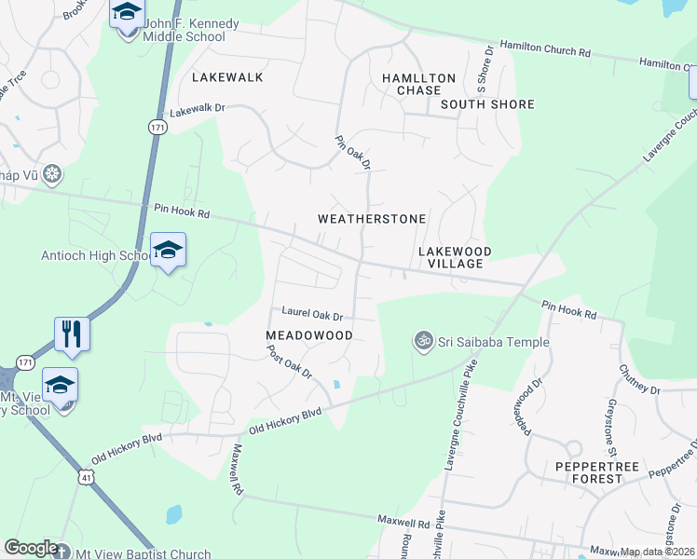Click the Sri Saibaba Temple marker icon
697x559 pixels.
point(424,342)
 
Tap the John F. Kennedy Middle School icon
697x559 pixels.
point(126,14)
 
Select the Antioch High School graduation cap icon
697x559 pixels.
point(168,250)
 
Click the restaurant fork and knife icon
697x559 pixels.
point(72,334)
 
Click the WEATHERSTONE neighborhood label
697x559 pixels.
point(372,219)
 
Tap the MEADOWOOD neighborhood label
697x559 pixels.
point(309,334)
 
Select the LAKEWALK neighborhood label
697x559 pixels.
point(227,77)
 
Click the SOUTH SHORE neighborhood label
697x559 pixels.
point(487,104)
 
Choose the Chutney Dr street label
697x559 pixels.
point(638,378)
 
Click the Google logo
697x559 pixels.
point(31,548)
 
